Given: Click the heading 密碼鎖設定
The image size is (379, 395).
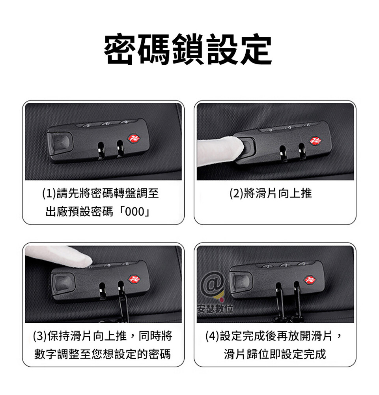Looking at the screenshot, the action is tap(188, 49).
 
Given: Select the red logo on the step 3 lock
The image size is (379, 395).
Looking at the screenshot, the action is tap(134, 279).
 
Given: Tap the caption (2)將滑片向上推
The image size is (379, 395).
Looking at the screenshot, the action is tap(271, 194).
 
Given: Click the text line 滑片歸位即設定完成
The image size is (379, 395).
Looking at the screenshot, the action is tap(275, 354).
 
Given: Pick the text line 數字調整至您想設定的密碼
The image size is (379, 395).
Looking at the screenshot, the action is tap(103, 354).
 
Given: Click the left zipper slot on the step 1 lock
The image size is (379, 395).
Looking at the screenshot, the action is tap(101, 150).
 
